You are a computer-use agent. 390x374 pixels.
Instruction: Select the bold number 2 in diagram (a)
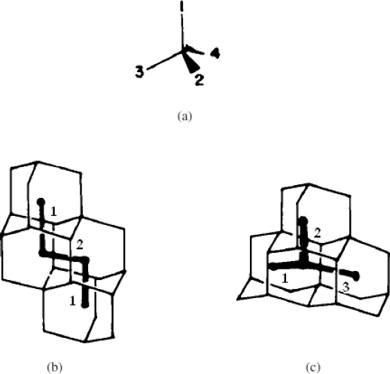click(200, 81)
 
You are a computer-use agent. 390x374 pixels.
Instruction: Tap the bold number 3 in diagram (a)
click(139, 71)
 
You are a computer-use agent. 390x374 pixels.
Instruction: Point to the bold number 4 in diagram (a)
click(215, 53)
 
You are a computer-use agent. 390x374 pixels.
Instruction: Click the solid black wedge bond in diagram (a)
click(190, 62)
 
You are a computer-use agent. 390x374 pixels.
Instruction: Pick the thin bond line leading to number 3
click(165, 61)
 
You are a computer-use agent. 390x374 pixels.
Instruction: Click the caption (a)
click(184, 117)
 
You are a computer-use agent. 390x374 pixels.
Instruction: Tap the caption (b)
click(54, 367)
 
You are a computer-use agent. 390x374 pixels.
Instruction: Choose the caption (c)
click(313, 367)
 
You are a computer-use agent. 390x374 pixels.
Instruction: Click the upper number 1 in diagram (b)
click(53, 211)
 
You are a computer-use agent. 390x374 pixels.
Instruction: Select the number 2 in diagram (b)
click(80, 245)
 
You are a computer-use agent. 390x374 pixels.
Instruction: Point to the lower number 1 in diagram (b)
click(72, 301)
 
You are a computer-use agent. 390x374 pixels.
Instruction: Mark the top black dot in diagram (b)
click(41, 202)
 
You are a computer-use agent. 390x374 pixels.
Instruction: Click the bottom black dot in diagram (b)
click(85, 304)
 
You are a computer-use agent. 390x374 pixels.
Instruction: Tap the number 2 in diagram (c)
click(317, 233)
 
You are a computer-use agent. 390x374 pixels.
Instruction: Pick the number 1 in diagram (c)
click(285, 278)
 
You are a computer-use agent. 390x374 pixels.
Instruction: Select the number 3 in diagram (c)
click(346, 287)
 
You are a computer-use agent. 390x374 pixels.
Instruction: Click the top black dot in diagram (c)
click(303, 220)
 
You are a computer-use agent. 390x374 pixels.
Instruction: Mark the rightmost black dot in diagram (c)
click(356, 276)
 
